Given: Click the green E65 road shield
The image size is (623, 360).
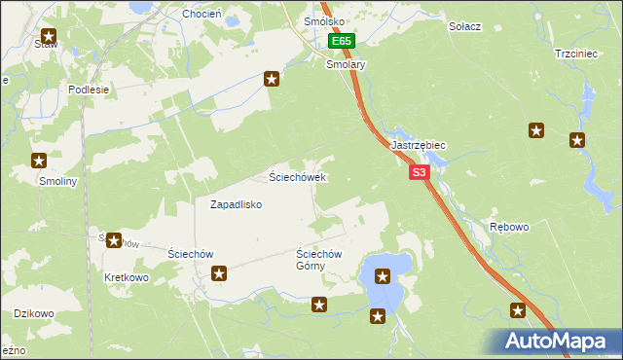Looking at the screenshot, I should click(341, 42).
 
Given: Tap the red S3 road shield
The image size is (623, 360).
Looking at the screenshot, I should click(419, 172).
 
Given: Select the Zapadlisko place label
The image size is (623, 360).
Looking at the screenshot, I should click(237, 204).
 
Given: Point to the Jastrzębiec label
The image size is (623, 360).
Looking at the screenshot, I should click(419, 145).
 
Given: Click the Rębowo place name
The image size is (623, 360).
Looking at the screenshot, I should click(509, 227).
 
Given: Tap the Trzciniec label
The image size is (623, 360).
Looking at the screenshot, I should click(574, 54).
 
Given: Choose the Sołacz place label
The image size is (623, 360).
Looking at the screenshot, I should click(465, 25).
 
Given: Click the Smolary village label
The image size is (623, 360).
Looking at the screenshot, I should click(345, 64).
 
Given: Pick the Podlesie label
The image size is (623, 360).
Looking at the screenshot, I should click(88, 89).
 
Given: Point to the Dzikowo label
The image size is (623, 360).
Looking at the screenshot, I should click(32, 313).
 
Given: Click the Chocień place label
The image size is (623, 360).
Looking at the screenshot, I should click(202, 15).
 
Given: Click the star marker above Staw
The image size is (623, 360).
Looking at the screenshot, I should click(48, 37).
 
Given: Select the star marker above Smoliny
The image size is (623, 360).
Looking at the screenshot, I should click(40, 162).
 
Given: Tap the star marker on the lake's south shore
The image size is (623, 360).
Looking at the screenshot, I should click(378, 316).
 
